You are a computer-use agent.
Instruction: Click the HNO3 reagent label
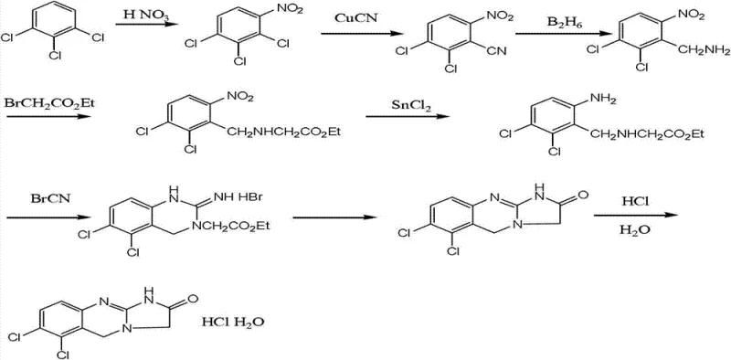click(x=145, y=15)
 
